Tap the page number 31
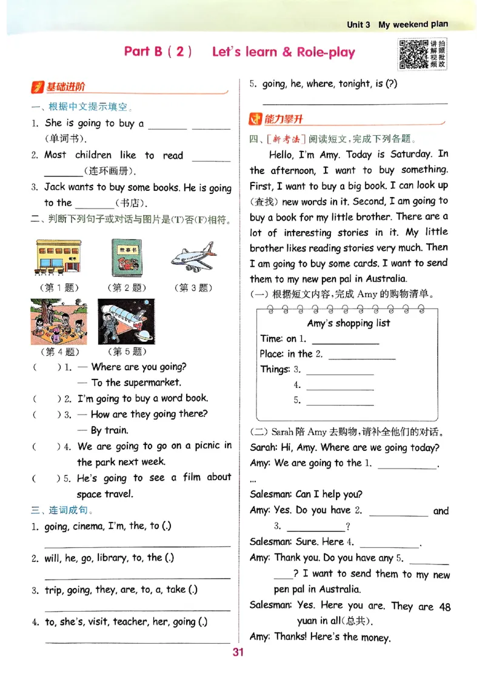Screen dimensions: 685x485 [x=238, y=652]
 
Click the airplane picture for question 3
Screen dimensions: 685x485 [x=193, y=258]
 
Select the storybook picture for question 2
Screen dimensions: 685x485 [x=126, y=258]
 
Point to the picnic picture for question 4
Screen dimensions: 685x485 [x=59, y=321]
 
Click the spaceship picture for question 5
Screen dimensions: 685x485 [x=126, y=321]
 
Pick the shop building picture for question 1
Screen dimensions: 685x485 [x=59, y=258]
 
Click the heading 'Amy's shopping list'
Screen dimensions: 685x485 [x=349, y=323]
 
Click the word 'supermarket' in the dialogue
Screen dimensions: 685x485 [x=152, y=383]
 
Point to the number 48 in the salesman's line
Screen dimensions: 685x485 [x=444, y=606]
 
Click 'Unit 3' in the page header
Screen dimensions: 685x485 [x=358, y=25]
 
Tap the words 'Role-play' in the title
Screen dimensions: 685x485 [x=326, y=52]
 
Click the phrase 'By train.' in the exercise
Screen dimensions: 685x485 [x=109, y=430]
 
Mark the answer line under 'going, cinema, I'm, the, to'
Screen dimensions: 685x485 [x=138, y=545]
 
